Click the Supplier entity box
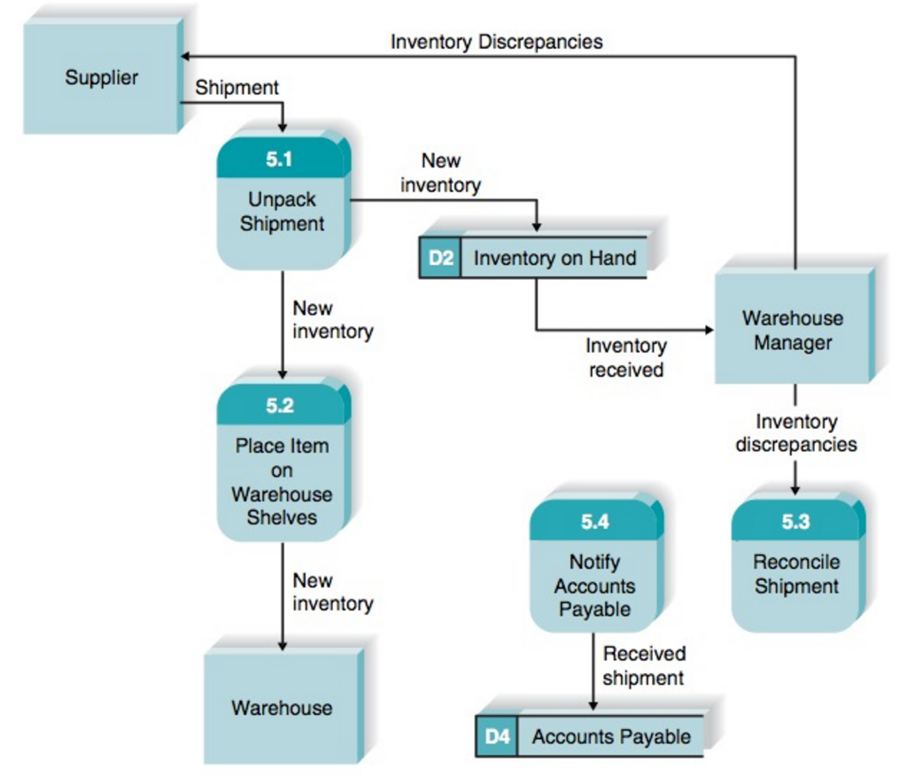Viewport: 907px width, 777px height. tap(101, 78)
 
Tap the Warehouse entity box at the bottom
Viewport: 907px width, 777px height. tap(282, 707)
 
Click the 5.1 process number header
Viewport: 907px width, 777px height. tap(279, 159)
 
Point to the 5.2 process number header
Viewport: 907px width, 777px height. tap(279, 406)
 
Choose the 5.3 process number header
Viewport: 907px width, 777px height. tap(795, 522)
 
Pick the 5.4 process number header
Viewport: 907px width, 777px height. tap(594, 522)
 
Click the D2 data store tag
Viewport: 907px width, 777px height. tap(440, 259)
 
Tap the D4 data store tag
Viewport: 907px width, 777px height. tap(497, 736)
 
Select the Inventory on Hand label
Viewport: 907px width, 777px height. tap(554, 259)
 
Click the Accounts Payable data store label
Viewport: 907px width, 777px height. tap(611, 736)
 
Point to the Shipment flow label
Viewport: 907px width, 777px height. tap(236, 88)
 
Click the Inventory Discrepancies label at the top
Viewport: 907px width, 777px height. tap(496, 42)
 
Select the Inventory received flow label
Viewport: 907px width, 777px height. tap(625, 358)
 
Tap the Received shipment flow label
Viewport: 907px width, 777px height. tap(643, 665)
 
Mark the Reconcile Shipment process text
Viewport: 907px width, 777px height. tap(795, 573)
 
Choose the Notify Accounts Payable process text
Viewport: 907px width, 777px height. tap(594, 586)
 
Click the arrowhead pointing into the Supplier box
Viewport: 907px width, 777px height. tap(186, 57)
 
